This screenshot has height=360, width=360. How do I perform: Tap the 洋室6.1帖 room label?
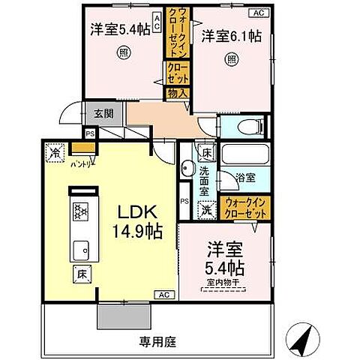(229, 34)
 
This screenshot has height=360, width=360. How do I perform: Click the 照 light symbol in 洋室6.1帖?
(232, 59)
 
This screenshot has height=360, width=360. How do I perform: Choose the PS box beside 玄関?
(91, 134)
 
